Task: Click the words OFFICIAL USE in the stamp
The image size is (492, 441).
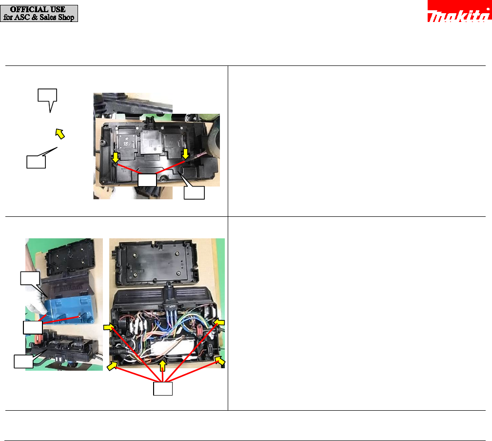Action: pyautogui.click(x=38, y=9)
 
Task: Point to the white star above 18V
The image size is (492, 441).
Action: pyautogui.click(x=126, y=139)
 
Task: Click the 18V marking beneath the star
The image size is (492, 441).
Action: pyautogui.click(x=126, y=144)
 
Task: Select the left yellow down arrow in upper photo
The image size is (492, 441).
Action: pyautogui.click(x=116, y=157)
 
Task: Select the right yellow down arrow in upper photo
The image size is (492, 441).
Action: pyautogui.click(x=185, y=154)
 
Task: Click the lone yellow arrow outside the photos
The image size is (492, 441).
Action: pyautogui.click(x=60, y=133)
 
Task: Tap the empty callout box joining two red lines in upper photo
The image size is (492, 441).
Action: pyautogui.click(x=147, y=180)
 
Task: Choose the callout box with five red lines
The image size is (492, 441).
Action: pyautogui.click(x=163, y=388)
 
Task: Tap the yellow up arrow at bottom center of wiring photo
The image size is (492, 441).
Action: pyautogui.click(x=162, y=366)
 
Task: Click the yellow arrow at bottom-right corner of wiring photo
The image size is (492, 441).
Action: pyautogui.click(x=220, y=361)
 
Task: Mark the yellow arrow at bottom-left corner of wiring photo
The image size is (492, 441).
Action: pyautogui.click(x=112, y=366)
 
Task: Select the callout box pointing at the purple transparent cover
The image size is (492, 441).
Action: pyautogui.click(x=30, y=278)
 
